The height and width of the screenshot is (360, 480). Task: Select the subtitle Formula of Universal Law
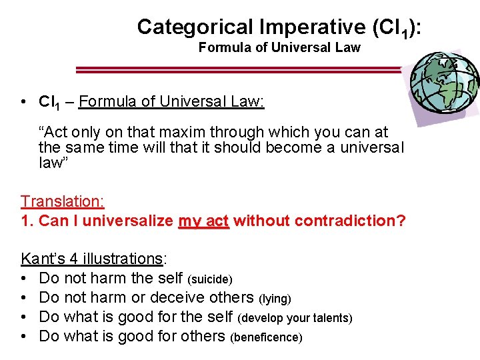coord(279,47)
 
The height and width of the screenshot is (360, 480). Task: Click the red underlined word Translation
coord(63,201)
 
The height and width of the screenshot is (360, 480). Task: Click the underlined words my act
coord(203,221)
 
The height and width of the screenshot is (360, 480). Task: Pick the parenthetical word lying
coord(275,299)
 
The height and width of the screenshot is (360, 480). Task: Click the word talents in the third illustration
coord(331,319)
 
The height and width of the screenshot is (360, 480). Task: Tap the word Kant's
coord(39,259)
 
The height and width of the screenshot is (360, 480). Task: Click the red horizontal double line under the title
coord(240,69)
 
